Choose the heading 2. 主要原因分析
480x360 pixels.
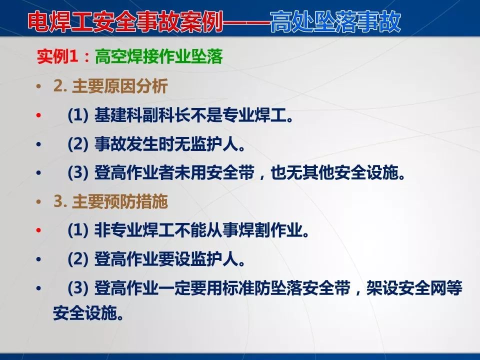[x=110, y=86]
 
